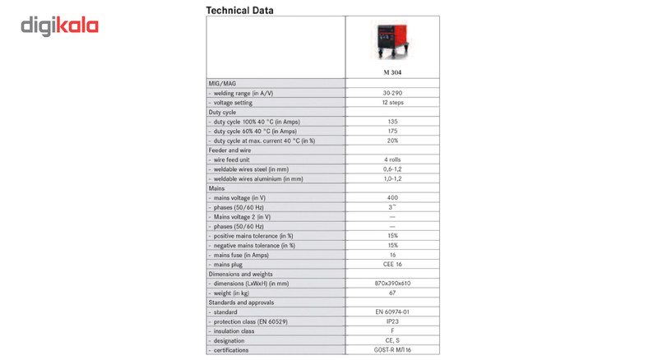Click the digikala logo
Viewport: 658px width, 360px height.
point(59,25)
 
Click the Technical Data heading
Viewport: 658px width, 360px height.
point(239,11)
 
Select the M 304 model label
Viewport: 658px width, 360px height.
point(392,72)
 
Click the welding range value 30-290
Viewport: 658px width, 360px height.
point(392,93)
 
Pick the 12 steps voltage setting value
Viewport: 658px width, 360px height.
point(392,102)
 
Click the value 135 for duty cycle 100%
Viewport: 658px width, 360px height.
point(392,121)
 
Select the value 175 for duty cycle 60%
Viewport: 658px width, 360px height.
point(392,130)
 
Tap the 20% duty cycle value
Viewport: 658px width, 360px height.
point(392,140)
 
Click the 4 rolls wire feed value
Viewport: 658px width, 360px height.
point(392,159)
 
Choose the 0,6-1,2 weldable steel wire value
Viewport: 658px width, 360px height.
point(392,168)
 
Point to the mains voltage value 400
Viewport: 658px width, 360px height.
point(392,197)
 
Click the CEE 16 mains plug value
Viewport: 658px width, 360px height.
point(392,264)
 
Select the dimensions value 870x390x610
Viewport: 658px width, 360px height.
point(392,283)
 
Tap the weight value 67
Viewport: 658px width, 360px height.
point(392,293)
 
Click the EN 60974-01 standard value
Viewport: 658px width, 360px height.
point(392,312)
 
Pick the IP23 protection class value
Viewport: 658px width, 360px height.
point(392,321)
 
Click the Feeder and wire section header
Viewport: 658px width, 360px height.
point(230,149)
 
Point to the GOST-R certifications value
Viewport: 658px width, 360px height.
point(392,349)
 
